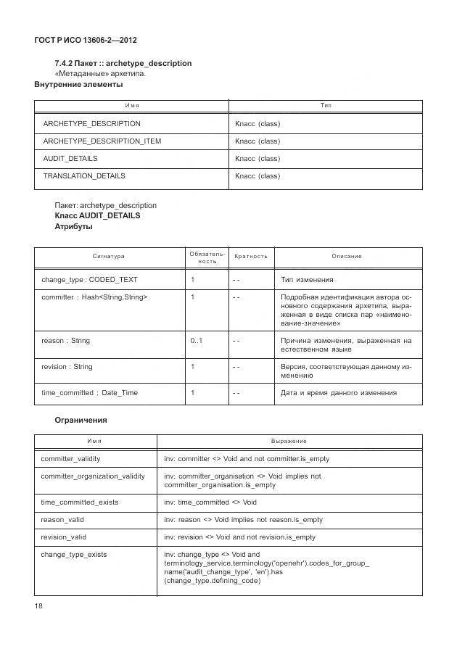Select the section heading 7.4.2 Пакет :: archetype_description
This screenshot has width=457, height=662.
click(x=123, y=63)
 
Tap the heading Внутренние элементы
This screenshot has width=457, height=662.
click(x=78, y=84)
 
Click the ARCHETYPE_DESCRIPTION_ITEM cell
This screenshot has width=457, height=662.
click(x=102, y=141)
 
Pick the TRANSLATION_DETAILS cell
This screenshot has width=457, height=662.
click(x=84, y=176)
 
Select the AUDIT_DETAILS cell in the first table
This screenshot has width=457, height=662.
click(x=70, y=159)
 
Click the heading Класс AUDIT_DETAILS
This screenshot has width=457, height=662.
click(x=97, y=216)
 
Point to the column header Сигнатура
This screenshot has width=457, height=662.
click(x=109, y=257)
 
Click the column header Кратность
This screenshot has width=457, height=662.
click(x=251, y=257)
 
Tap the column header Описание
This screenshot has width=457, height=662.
click(x=347, y=257)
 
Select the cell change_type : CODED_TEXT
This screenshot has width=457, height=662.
click(x=89, y=280)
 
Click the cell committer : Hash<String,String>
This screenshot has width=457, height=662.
click(x=94, y=297)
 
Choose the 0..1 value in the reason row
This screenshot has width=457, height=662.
click(x=197, y=341)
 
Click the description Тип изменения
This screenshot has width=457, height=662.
click(x=307, y=280)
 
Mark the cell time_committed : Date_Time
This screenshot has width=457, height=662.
click(x=90, y=393)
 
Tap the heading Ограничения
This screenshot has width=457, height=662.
click(x=81, y=420)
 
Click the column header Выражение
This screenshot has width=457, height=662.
click(x=289, y=442)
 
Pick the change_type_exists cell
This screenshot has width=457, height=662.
click(x=74, y=555)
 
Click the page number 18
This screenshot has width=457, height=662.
click(x=39, y=606)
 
